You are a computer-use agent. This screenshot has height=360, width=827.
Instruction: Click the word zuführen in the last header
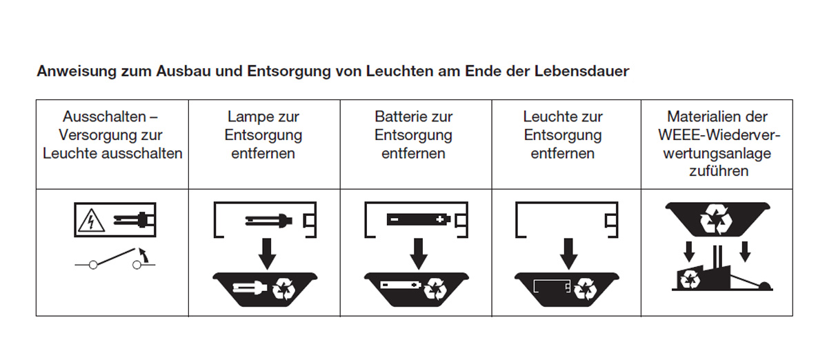[x=718, y=171]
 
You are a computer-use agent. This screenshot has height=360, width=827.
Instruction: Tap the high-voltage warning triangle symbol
[x=91, y=220]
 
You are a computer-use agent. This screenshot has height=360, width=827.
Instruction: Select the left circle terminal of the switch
[x=93, y=265]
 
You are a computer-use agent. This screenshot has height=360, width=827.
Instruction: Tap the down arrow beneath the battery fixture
[x=419, y=254]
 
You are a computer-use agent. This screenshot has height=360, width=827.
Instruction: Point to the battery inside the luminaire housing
[x=418, y=219]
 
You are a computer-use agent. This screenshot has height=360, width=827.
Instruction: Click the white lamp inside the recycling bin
[x=250, y=288]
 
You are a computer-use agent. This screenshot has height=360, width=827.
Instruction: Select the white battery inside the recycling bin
[x=400, y=285]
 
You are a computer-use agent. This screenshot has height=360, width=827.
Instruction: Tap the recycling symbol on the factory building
[x=689, y=279]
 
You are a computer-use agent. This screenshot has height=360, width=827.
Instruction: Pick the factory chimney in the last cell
[x=717, y=258]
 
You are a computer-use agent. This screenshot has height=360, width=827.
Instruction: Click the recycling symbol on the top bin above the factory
[x=717, y=220]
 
